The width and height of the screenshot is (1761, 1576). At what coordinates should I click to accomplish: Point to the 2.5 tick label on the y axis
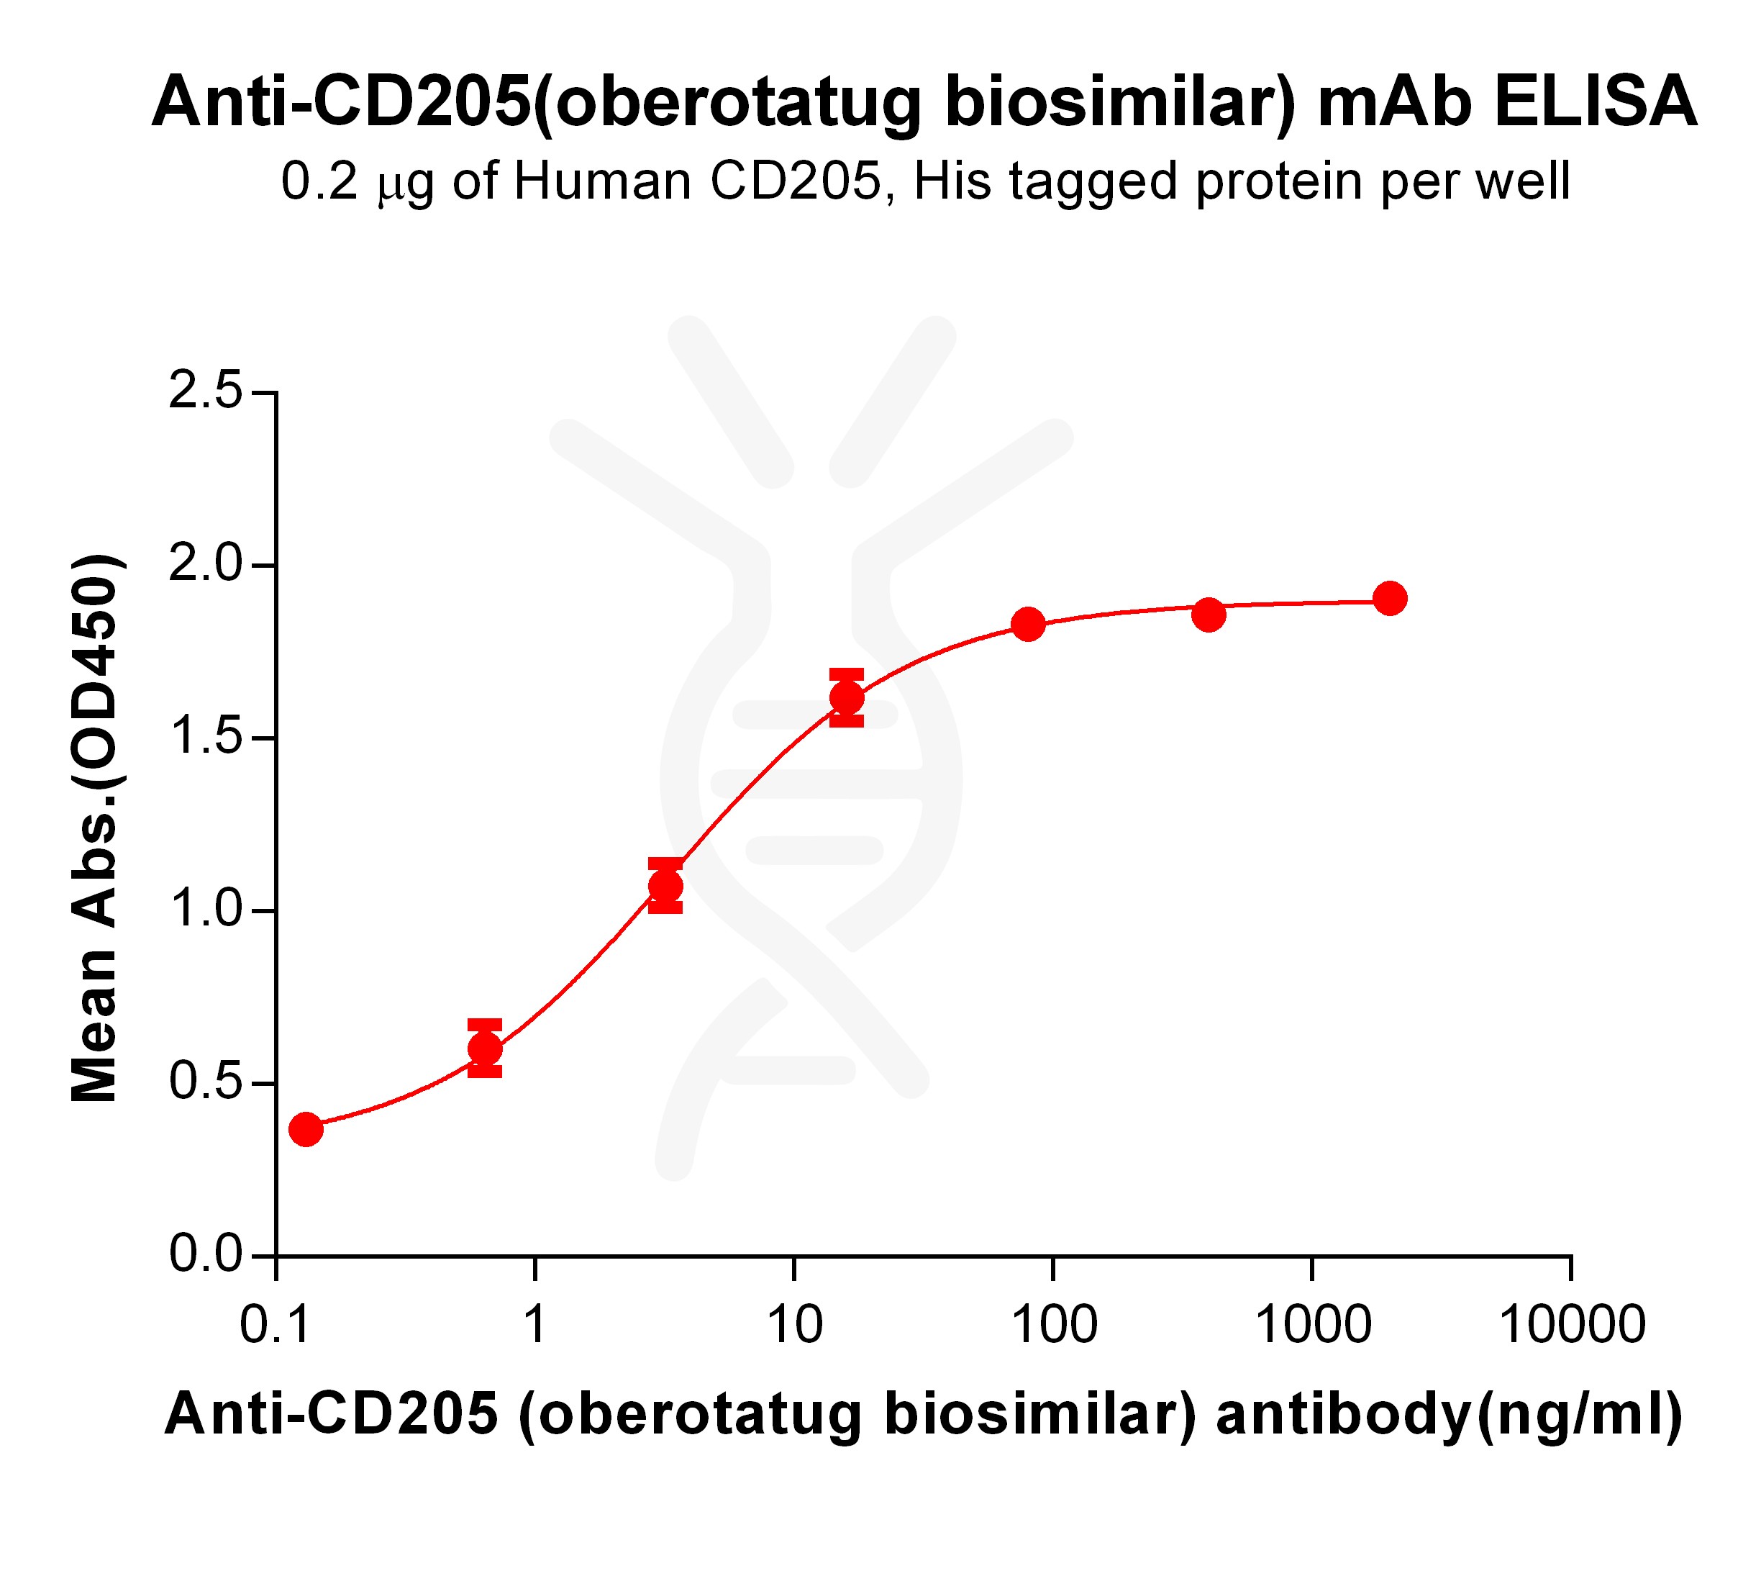click(x=205, y=391)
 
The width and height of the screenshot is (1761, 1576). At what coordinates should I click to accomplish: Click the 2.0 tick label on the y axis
click(x=205, y=565)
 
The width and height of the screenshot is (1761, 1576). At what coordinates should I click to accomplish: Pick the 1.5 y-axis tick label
click(x=205, y=738)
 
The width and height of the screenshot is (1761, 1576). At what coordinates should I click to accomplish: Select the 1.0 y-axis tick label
click(x=205, y=910)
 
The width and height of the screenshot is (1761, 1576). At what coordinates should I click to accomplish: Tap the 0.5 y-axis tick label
click(x=205, y=1082)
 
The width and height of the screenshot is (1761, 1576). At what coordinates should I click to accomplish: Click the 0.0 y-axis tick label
click(x=205, y=1255)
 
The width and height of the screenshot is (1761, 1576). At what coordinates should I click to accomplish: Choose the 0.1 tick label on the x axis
click(x=276, y=1326)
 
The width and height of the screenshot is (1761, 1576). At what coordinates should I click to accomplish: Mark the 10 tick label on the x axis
click(x=794, y=1326)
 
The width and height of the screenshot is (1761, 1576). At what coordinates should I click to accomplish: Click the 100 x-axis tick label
click(x=1054, y=1326)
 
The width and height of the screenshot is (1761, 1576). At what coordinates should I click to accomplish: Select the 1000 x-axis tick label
click(x=1313, y=1326)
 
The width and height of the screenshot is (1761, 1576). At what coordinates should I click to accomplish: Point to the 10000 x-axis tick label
click(x=1571, y=1326)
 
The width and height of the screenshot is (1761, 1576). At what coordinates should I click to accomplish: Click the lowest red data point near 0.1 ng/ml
click(x=306, y=1129)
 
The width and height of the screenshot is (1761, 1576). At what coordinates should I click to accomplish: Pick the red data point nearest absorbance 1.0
click(x=665, y=886)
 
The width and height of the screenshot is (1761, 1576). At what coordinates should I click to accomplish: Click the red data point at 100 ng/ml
click(x=1028, y=623)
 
